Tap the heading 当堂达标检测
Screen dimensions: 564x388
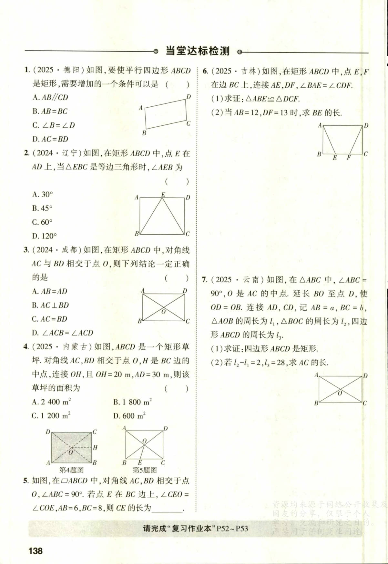coord(197,51)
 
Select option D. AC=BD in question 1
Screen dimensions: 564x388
coord(50,139)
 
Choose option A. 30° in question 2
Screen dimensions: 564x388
coord(43,194)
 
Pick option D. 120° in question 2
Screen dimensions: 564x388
coord(45,236)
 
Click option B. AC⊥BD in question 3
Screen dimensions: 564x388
coord(50,305)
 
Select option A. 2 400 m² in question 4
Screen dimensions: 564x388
coord(52,402)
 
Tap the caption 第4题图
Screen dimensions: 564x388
coord(71,470)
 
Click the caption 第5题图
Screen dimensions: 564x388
coord(145,470)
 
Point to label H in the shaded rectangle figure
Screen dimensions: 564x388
coord(95,447)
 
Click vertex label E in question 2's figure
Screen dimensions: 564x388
coord(163,195)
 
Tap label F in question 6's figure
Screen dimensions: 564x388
coord(349,158)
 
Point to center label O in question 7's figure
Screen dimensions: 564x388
coord(340,393)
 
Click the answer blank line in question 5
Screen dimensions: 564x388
coord(167,509)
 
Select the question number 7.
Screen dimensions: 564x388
coord(204,279)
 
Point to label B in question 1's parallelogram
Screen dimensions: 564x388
coord(144,133)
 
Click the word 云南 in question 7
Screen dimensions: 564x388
coord(251,279)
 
